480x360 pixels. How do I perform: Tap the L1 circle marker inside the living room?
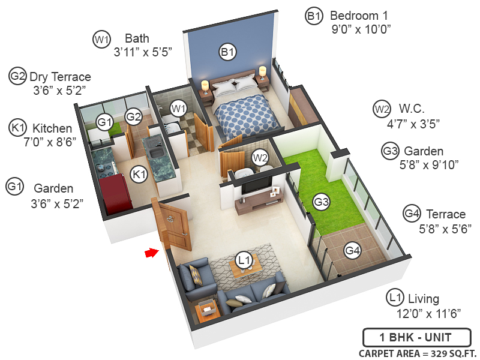point(244,260)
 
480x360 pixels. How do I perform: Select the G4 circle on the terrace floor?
point(352,250)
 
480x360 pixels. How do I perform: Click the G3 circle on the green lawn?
point(322,202)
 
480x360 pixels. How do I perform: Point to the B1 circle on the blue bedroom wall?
point(227,53)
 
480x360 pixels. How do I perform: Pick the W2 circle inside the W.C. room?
point(260,158)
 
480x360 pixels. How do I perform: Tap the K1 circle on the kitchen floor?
point(139,175)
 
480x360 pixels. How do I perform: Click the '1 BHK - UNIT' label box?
point(415,337)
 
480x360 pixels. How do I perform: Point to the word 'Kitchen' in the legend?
point(52,128)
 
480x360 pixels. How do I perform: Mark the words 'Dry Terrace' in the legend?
point(61,77)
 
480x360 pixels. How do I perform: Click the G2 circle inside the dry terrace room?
point(133,116)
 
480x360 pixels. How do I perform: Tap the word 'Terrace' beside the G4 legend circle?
point(445,214)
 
